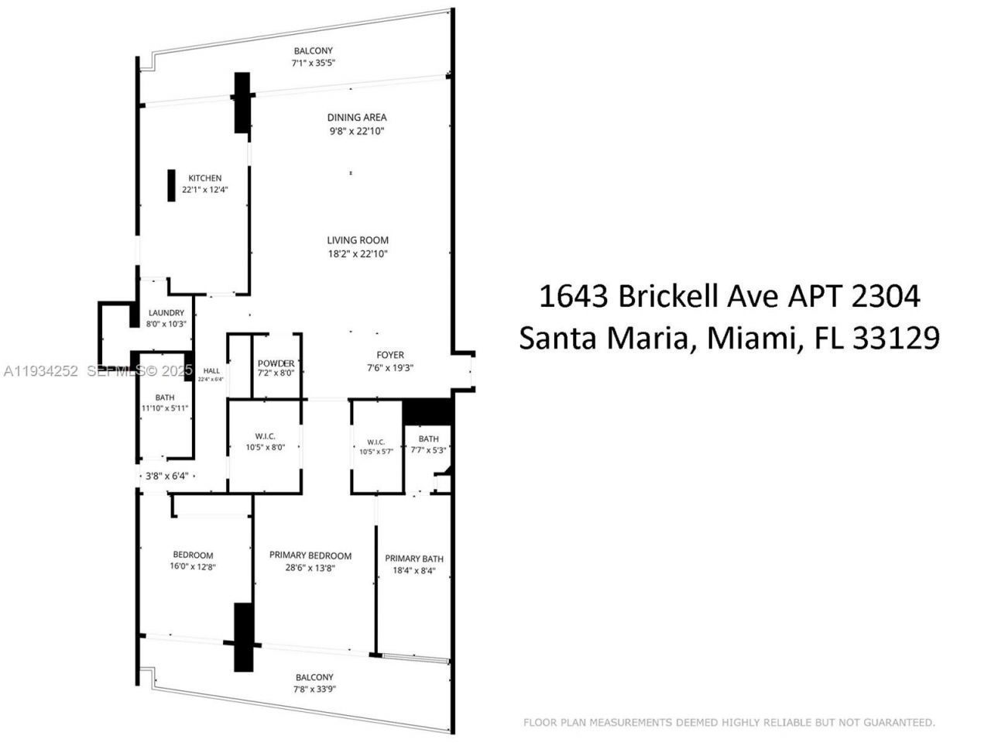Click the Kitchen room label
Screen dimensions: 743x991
coord(204,178)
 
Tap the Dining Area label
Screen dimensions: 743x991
coord(356,118)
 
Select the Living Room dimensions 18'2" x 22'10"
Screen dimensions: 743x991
coord(357,253)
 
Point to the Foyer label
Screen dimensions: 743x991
coord(390,356)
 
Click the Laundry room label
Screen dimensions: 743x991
coord(166,313)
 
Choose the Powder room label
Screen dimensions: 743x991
coord(276,363)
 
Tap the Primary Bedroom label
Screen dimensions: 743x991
coord(310,556)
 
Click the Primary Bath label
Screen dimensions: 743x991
coord(414,559)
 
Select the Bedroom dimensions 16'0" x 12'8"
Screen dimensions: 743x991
coord(193,567)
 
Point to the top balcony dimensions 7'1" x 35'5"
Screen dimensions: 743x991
coord(313,63)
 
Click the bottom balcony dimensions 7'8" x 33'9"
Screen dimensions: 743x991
coord(314,689)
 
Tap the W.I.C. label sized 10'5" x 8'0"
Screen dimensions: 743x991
coord(264,436)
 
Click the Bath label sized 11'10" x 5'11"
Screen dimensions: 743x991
coord(164,398)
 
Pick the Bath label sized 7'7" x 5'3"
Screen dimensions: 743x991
coord(428,439)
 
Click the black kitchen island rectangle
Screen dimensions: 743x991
coord(170,185)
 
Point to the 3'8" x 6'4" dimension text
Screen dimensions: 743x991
coord(166,476)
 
